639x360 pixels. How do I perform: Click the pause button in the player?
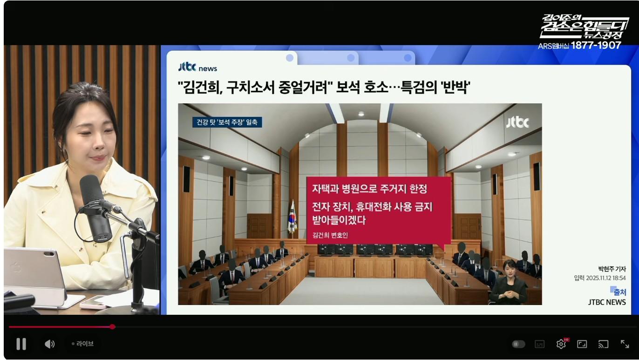coord(21,344)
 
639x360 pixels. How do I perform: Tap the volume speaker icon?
coord(49,344)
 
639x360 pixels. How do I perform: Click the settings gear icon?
coord(561,344)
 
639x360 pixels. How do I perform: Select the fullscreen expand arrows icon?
coord(625,344)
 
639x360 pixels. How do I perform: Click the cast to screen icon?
coord(603,344)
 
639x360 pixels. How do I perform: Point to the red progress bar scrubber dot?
coord(112,326)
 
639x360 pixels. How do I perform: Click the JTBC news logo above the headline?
coord(197,68)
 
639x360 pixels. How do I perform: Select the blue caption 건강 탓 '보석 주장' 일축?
coord(228,122)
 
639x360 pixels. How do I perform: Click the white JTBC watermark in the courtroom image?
coord(517,122)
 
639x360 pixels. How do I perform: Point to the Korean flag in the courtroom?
coord(292,217)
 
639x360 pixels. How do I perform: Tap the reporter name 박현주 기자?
coord(612,269)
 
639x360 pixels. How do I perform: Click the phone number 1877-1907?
coord(596,46)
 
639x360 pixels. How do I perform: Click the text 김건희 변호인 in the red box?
coord(330,235)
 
